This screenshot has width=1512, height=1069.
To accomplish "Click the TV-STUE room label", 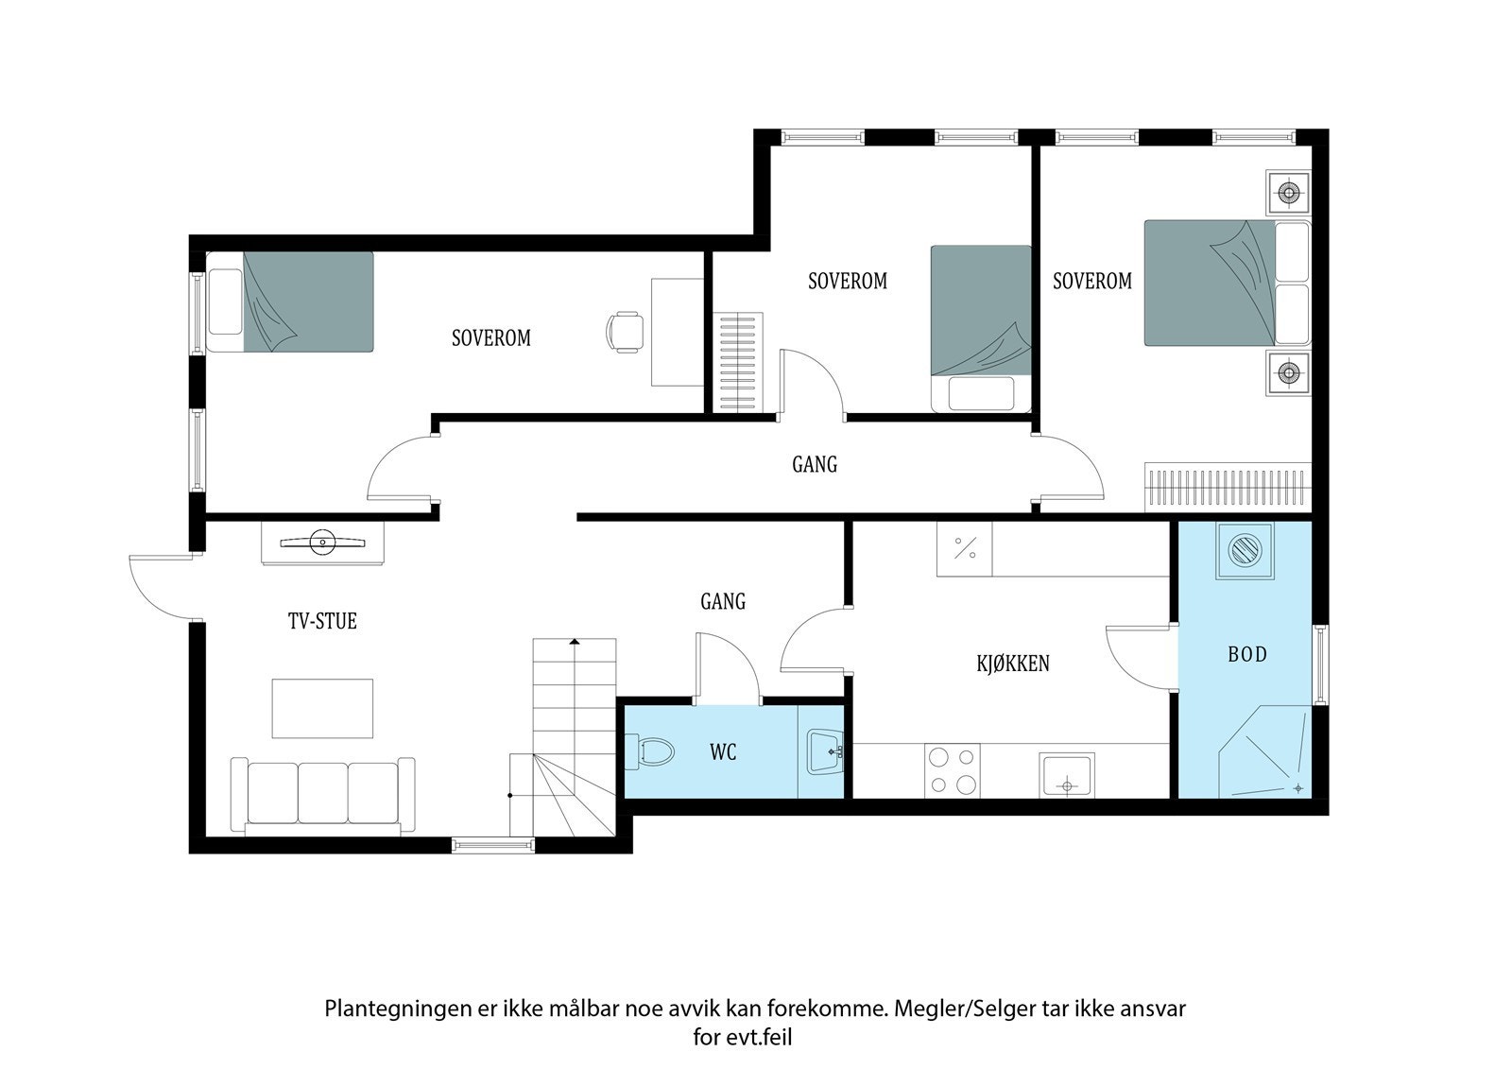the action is [x=322, y=621].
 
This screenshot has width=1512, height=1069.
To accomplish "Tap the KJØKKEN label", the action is [x=1012, y=664].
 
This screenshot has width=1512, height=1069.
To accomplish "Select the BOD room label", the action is [x=1246, y=654].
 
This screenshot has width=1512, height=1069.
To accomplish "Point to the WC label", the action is [x=723, y=752].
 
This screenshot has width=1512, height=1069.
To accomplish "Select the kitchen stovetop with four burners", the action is [x=952, y=770].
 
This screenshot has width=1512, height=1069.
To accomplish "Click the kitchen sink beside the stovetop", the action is [x=1067, y=775].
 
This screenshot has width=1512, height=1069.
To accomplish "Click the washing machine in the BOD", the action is [x=1245, y=550].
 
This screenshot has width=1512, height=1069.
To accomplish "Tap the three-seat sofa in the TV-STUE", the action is [x=322, y=794].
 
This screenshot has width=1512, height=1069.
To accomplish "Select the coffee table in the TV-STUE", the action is [x=322, y=708].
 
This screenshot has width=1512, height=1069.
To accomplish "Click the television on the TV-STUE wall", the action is [x=322, y=543].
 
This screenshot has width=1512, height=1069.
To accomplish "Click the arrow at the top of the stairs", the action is [x=575, y=642].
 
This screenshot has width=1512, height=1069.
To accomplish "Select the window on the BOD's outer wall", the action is [x=1320, y=665].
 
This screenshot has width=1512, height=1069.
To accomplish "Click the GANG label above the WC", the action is [x=723, y=601].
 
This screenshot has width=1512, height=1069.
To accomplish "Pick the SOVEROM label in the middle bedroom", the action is [x=848, y=281].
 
